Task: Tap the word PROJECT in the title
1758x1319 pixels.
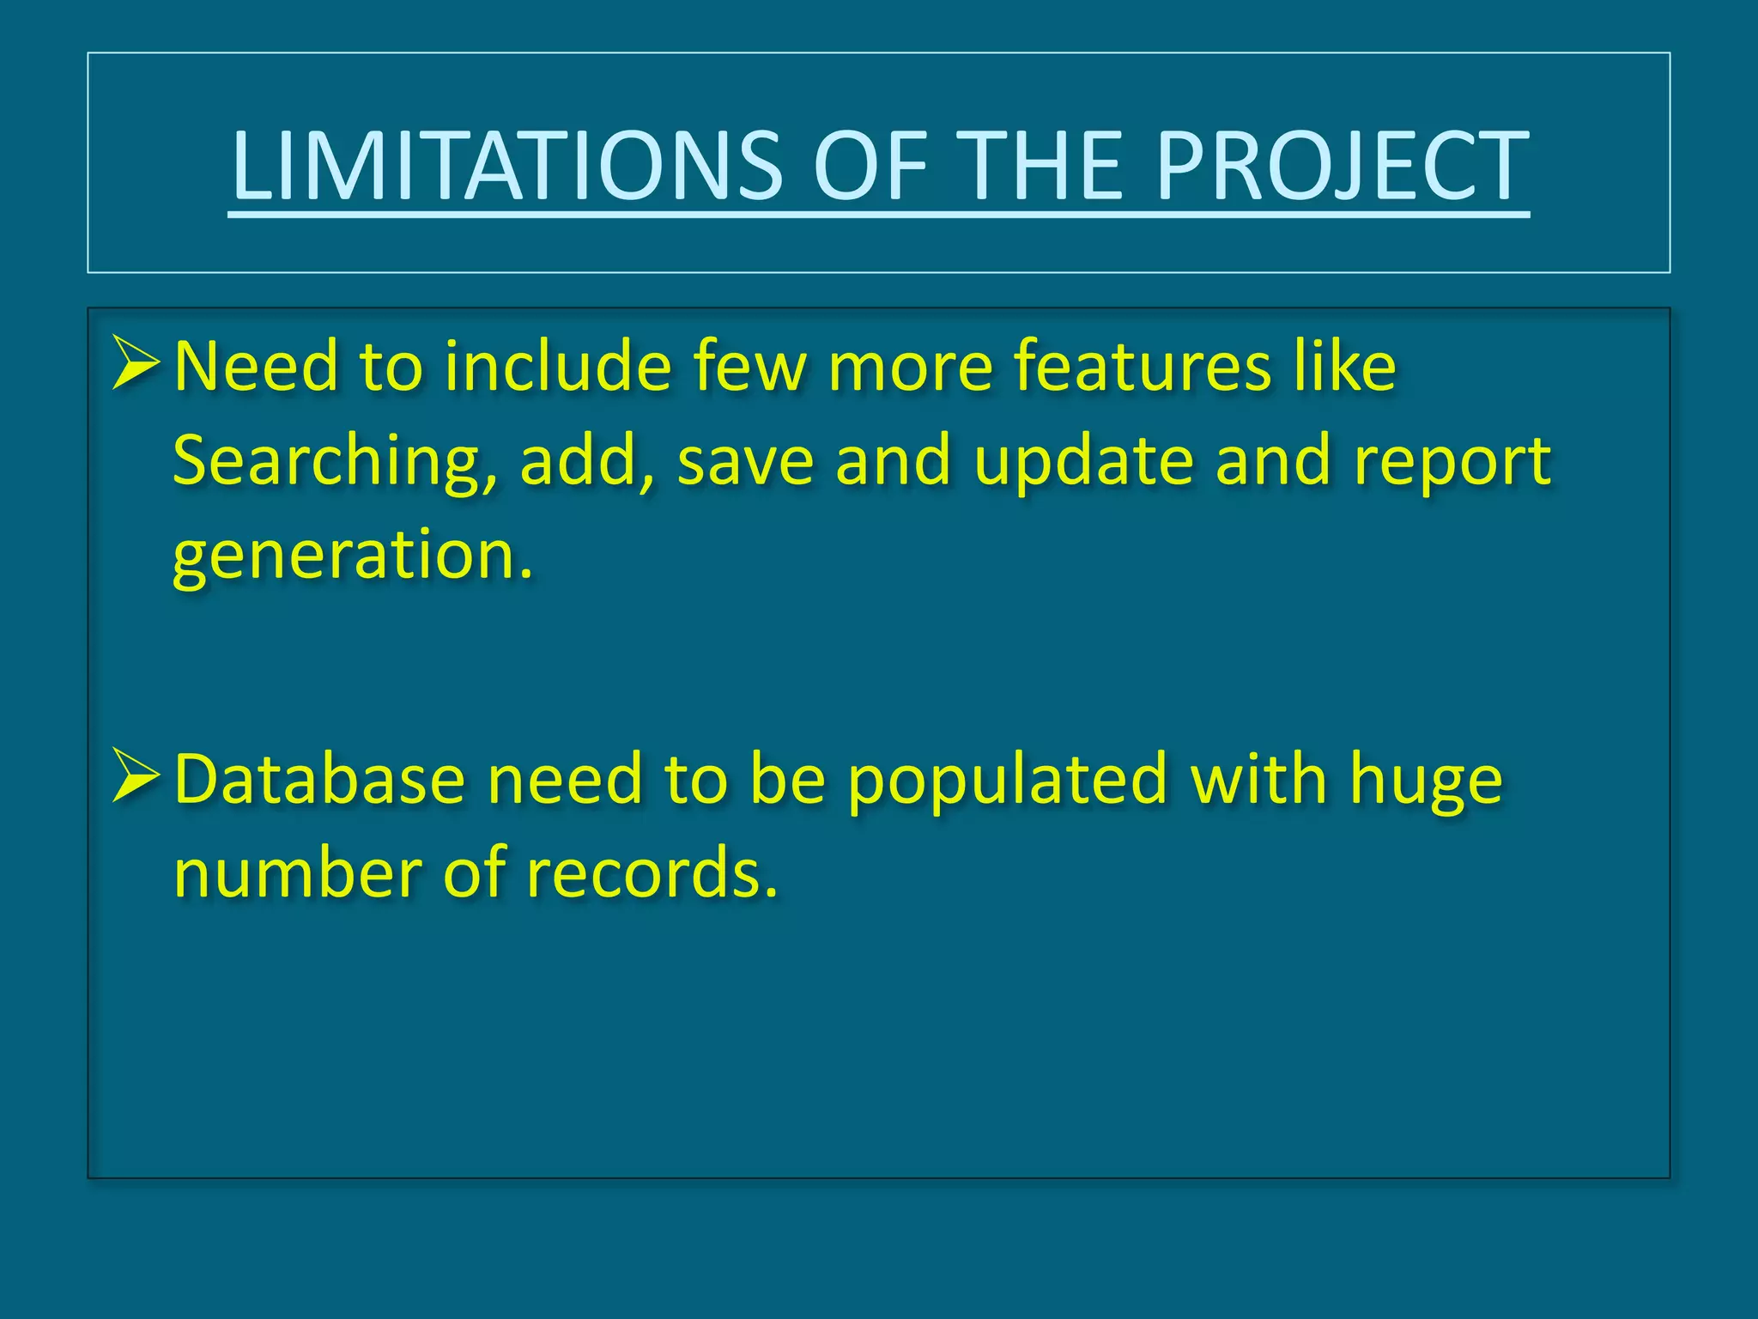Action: [1341, 166]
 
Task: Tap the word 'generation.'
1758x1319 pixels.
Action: [353, 556]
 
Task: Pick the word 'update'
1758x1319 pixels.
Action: [1084, 462]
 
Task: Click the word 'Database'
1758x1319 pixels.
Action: [319, 780]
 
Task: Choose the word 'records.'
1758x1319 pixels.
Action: [652, 874]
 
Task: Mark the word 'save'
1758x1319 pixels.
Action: [745, 462]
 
